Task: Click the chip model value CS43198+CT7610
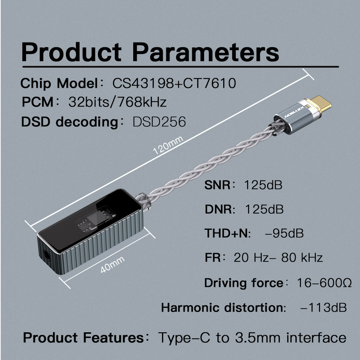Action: (174, 83)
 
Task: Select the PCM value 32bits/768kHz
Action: (117, 102)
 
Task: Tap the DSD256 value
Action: (159, 122)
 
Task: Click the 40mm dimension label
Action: (112, 264)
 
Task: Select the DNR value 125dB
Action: (264, 209)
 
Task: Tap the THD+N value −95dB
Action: (284, 233)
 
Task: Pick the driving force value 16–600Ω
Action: (324, 283)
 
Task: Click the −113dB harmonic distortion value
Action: (323, 307)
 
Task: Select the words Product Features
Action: (84, 338)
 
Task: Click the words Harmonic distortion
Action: (221, 307)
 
